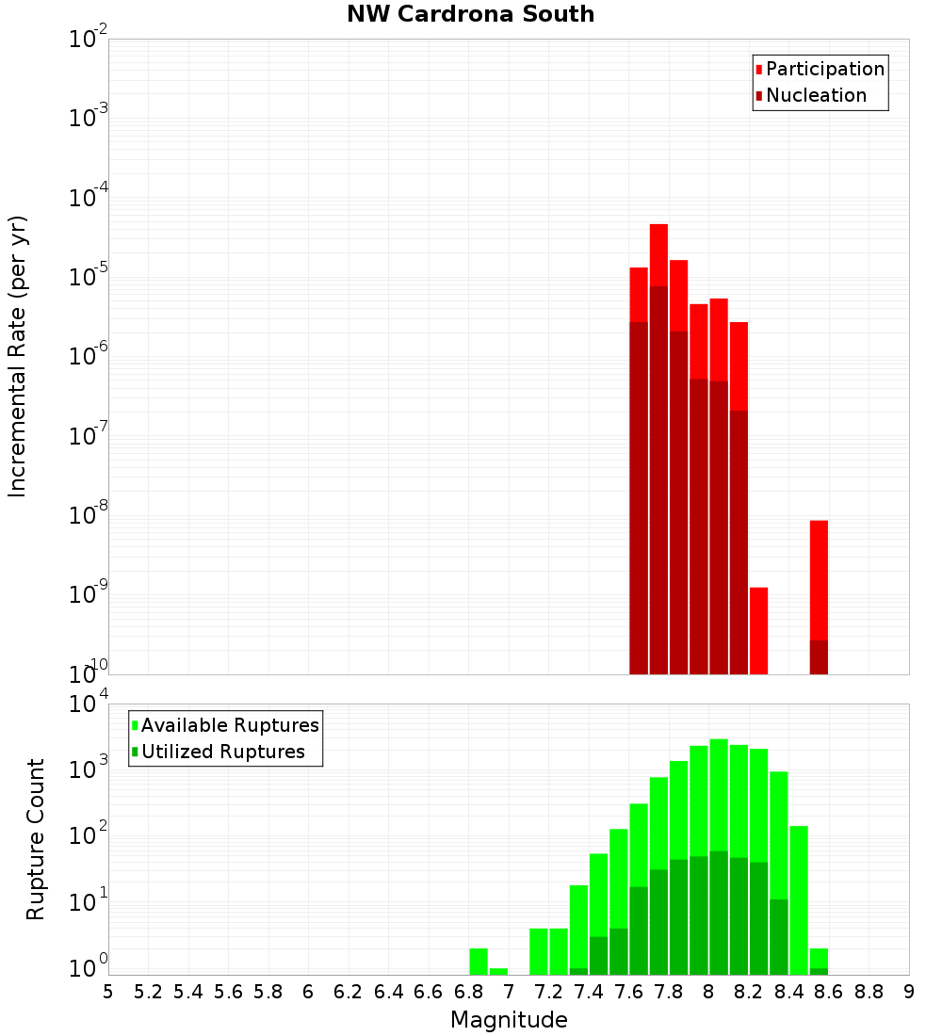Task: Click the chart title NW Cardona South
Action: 471,14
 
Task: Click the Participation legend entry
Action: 824,69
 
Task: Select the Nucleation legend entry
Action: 815,95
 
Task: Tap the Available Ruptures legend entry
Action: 229,725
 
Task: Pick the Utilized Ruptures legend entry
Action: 222,752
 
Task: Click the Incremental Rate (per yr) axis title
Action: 18,356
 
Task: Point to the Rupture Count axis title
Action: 36,838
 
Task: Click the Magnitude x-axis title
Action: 509,1019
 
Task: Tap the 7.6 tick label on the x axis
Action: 628,992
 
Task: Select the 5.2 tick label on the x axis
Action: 148,992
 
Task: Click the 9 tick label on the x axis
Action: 908,992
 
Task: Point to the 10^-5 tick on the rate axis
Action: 88,277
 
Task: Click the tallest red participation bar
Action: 658,254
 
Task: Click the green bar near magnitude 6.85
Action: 479,961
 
